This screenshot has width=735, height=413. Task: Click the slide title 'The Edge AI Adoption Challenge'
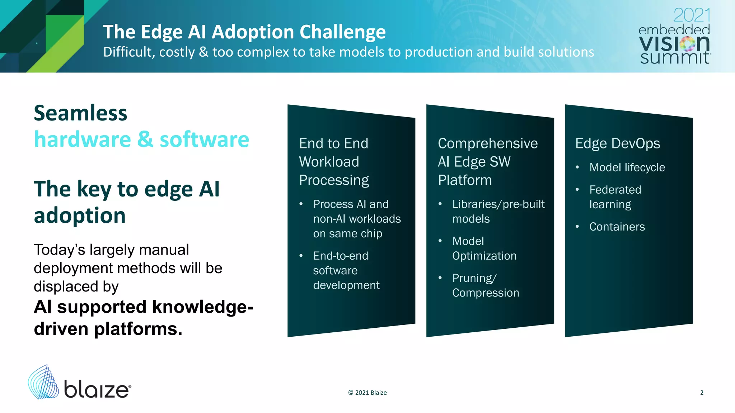pyautogui.click(x=244, y=32)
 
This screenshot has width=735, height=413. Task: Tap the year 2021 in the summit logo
pyautogui.click(x=692, y=15)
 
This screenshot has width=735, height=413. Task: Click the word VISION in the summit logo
pyautogui.click(x=674, y=43)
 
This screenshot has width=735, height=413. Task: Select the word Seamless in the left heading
pyautogui.click(x=80, y=113)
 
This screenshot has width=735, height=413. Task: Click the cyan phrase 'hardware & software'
pyautogui.click(x=141, y=139)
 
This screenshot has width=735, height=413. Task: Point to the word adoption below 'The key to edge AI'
pyautogui.click(x=80, y=215)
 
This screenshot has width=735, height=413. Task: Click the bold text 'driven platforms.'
pyautogui.click(x=108, y=329)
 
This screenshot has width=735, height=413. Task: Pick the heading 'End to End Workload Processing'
pyautogui.click(x=334, y=162)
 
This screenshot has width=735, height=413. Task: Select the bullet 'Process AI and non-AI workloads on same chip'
pyautogui.click(x=357, y=219)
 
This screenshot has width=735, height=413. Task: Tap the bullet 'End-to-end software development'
pyautogui.click(x=346, y=270)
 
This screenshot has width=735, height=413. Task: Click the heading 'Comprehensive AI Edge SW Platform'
pyautogui.click(x=487, y=162)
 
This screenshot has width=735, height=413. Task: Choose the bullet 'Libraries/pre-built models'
pyautogui.click(x=498, y=211)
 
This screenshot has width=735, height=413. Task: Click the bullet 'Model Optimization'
pyautogui.click(x=484, y=248)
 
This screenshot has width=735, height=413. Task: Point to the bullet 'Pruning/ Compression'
pyautogui.click(x=485, y=285)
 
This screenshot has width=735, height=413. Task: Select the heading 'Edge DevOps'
pyautogui.click(x=617, y=143)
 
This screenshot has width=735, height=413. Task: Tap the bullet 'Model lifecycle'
pyautogui.click(x=627, y=167)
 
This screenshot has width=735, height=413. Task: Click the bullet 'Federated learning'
pyautogui.click(x=615, y=197)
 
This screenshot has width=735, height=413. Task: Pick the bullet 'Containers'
pyautogui.click(x=617, y=227)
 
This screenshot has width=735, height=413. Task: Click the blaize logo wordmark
pyautogui.click(x=97, y=389)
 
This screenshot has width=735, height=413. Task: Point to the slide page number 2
pyautogui.click(x=702, y=393)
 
